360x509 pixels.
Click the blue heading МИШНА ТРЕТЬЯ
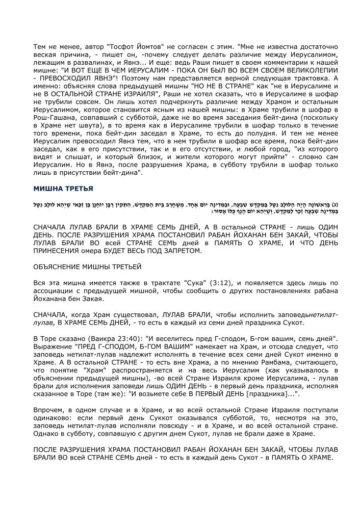pyautogui.click(x=63, y=189)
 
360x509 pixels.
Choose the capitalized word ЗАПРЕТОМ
pyautogui.click(x=178, y=251)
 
